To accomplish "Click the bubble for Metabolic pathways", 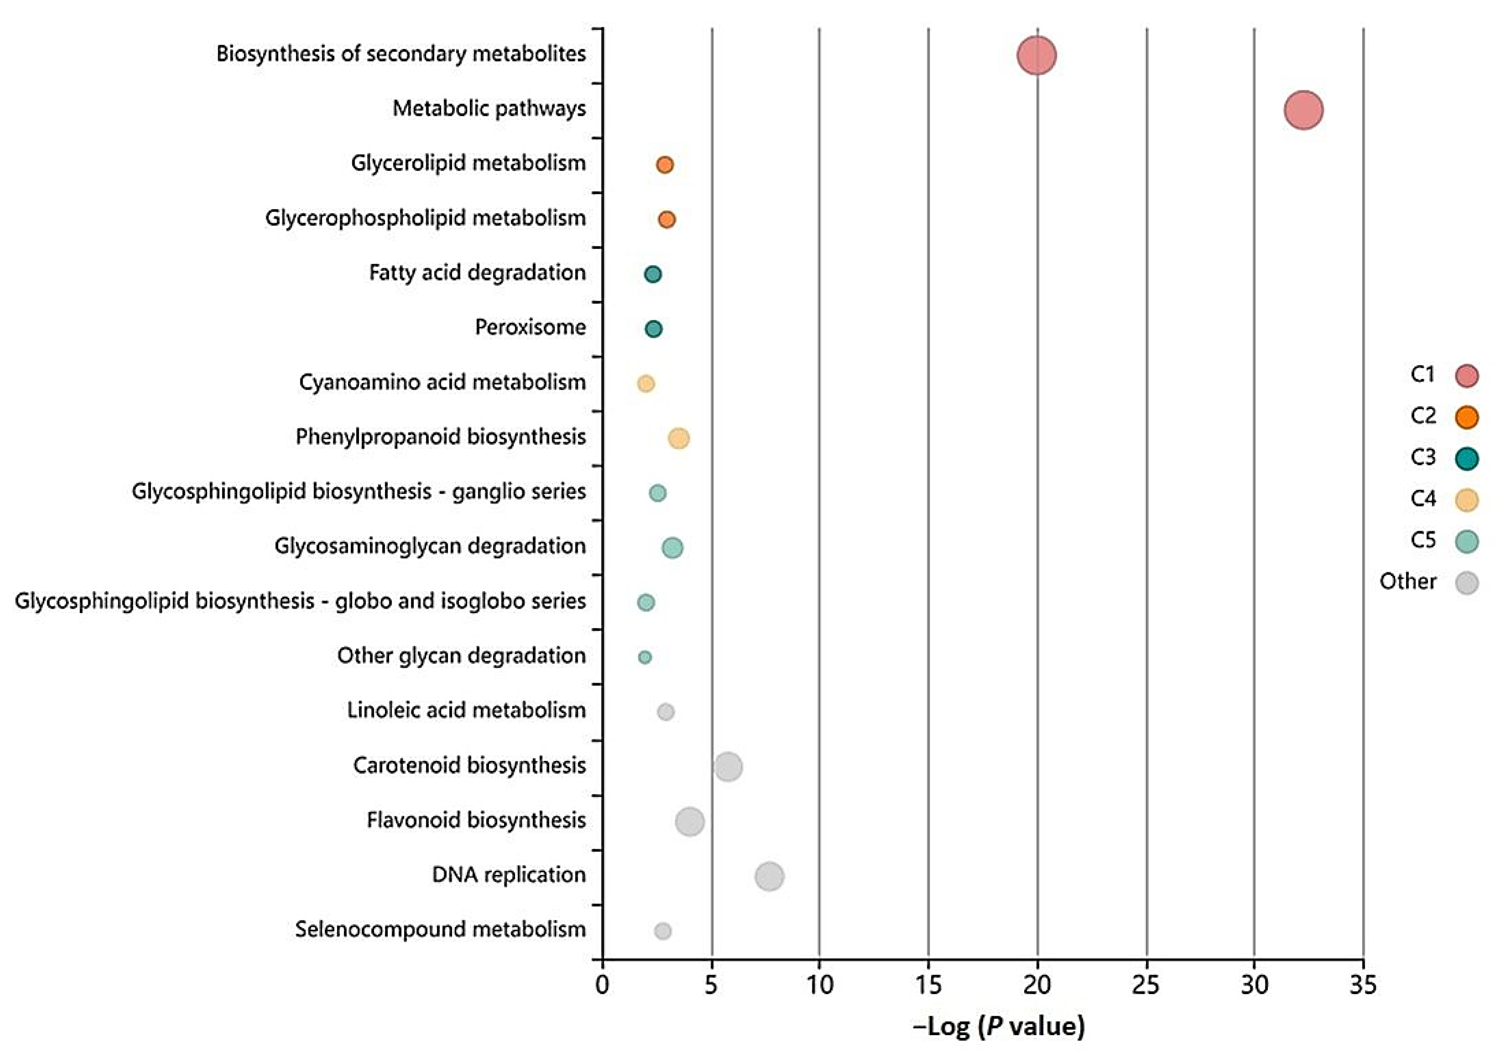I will [1303, 110].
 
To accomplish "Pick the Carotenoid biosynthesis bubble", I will [727, 767].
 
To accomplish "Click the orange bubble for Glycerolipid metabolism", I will [664, 165].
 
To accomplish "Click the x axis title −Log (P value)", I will [999, 1026].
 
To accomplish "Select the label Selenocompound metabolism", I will [440, 929].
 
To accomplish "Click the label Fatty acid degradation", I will [477, 272].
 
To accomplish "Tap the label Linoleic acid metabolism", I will [466, 710].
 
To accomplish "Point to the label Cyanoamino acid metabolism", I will [442, 382].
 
